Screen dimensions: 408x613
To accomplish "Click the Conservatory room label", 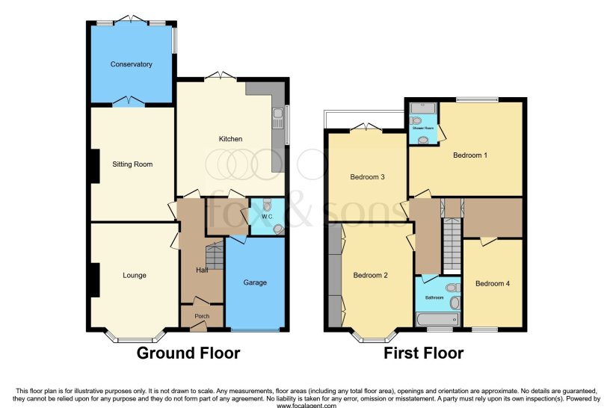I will click(x=131, y=64).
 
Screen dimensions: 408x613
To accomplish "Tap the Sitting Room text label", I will click(x=132, y=164).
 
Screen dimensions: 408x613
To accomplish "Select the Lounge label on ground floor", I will click(x=135, y=275).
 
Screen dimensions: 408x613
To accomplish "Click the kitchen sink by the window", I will click(x=278, y=115).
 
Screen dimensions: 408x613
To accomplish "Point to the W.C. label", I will click(x=267, y=217).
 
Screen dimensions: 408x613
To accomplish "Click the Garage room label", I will click(x=255, y=282).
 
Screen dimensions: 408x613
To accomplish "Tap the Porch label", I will click(x=202, y=316).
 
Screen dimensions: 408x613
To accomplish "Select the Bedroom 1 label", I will click(x=470, y=155).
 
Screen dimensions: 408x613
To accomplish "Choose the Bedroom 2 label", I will click(x=371, y=275).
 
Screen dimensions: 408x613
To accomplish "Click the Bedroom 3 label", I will click(x=368, y=177).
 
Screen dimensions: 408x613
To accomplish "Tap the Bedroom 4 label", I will click(x=493, y=283).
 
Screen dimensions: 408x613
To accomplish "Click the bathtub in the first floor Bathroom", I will click(x=438, y=320).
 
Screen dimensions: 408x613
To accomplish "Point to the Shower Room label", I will click(x=423, y=128).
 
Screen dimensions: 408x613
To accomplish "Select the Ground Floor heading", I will click(x=188, y=353).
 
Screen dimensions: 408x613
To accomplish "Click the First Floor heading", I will click(x=424, y=353).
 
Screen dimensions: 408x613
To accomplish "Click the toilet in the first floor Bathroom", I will click(x=452, y=288).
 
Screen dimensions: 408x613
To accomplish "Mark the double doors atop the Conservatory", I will click(x=131, y=18).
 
